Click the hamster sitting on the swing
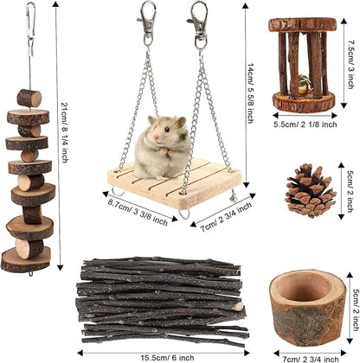(161, 148)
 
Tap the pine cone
(309, 190)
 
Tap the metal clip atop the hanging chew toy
(31, 26)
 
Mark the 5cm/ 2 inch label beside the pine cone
(349, 192)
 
